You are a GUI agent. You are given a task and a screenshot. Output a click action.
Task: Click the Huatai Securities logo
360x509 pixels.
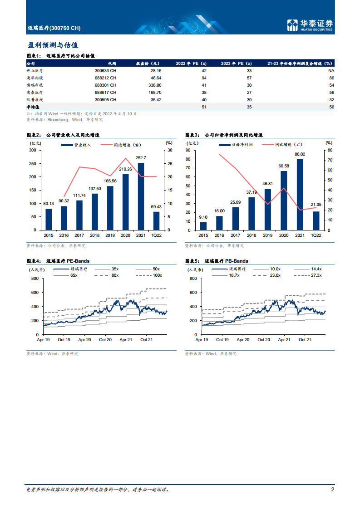[311, 25]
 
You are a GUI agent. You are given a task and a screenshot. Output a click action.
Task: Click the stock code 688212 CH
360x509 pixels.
[105, 78]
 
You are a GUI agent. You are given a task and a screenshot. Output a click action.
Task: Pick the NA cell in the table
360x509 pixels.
[331, 71]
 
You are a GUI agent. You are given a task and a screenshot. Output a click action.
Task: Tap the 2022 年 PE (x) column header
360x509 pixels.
[191, 64]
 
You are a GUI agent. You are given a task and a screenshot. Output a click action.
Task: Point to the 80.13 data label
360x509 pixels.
[49, 204]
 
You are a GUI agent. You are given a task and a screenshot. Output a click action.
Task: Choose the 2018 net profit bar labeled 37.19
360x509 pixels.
[252, 213]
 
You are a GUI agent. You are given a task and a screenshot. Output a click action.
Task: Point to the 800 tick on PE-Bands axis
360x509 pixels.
[34, 279]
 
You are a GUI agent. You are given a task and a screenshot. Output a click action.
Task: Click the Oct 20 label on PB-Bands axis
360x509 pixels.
[264, 339]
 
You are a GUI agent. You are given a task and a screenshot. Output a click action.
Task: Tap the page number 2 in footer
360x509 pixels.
[333, 489]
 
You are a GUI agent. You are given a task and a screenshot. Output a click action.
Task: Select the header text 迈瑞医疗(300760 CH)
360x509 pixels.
[54, 28]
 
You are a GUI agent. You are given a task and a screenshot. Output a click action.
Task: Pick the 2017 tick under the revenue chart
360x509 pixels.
[79, 235]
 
